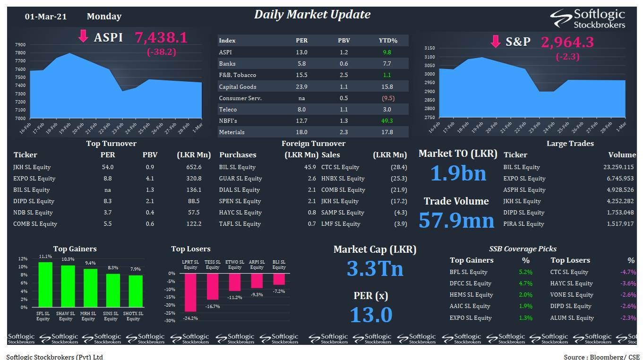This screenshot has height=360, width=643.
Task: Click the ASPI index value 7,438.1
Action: click(161, 38)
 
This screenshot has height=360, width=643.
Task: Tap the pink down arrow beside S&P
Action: click(496, 42)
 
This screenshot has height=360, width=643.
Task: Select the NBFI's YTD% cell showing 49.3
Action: click(387, 121)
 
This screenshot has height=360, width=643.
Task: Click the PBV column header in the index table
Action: click(344, 41)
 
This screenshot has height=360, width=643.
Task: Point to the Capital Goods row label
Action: click(238, 87)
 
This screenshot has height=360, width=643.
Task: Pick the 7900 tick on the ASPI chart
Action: click(20, 45)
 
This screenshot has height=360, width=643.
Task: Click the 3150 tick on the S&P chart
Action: click(430, 48)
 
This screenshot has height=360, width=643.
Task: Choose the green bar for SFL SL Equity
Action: click(45, 284)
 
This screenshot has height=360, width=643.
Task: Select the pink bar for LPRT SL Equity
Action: click(190, 292)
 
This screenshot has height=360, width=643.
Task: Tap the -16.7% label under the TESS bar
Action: click(213, 307)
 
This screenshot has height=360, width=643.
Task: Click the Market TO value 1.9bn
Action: click(458, 173)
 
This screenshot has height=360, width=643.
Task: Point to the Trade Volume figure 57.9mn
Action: click(457, 220)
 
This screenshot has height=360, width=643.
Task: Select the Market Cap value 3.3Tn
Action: click(375, 268)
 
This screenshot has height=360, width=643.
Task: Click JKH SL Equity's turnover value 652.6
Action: click(194, 167)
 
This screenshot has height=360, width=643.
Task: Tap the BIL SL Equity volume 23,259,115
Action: click(618, 167)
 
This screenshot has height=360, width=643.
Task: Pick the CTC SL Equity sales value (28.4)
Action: click(399, 167)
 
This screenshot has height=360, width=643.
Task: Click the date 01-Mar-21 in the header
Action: click(46, 17)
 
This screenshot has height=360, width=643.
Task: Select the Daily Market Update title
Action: click(312, 15)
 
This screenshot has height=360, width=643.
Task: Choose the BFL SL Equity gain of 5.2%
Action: click(525, 272)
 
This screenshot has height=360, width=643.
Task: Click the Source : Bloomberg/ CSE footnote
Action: click(601, 357)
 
